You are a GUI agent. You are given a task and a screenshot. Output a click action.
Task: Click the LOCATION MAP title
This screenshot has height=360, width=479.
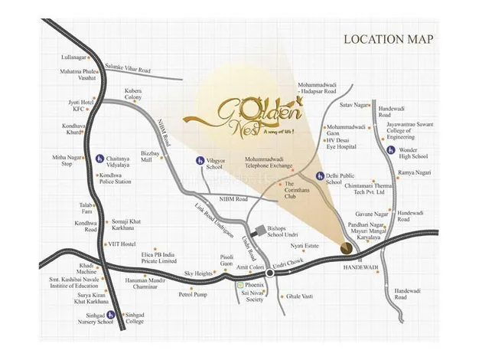click(x=388, y=39)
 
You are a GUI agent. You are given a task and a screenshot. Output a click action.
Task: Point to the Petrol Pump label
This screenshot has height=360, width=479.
click(x=193, y=293)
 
